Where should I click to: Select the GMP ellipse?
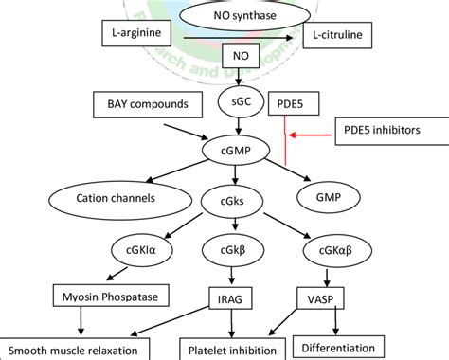(329, 199)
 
